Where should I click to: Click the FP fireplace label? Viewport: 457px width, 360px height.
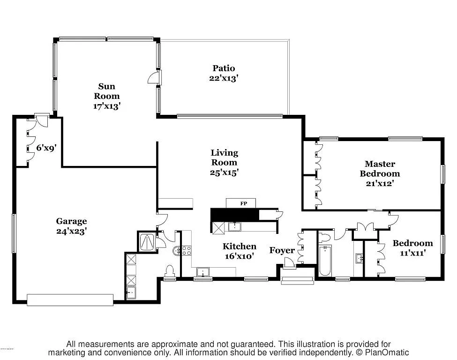point(243,204)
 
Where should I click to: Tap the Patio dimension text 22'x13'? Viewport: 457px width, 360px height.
point(224,78)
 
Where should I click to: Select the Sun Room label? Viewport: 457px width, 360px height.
point(107,91)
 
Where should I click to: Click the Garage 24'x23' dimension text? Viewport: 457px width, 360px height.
point(71,231)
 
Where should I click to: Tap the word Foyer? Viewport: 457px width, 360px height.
point(282,250)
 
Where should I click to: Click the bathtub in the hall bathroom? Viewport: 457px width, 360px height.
point(324,261)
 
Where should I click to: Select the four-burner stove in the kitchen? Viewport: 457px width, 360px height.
point(186,251)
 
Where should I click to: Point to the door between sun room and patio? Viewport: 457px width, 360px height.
point(154,78)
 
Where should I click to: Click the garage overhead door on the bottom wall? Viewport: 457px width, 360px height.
point(70,300)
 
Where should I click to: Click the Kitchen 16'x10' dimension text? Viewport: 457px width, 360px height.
point(239,256)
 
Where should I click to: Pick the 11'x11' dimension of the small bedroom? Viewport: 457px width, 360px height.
point(412,253)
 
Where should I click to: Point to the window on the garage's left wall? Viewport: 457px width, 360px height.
point(14,233)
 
